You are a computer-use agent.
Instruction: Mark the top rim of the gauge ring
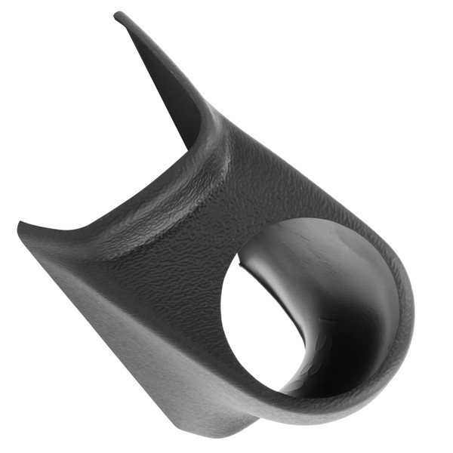click(302, 220)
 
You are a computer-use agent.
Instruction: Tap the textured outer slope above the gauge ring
click(302, 181)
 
